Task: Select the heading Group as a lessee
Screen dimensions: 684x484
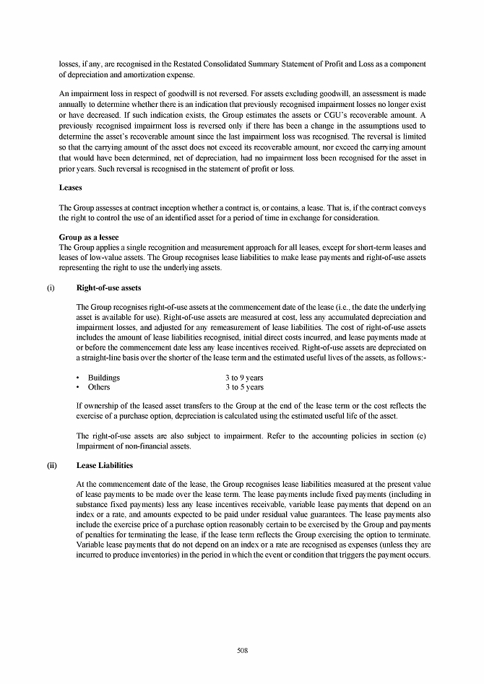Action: pos(88,237)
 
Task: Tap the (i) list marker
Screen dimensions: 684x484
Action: pos(51,288)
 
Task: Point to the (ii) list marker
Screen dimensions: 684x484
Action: pos(51,466)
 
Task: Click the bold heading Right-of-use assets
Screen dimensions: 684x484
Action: pos(108,288)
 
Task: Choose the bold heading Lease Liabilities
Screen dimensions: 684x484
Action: pos(104,466)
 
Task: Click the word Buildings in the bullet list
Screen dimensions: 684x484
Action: pos(104,378)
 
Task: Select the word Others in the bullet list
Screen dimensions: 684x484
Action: pos(99,387)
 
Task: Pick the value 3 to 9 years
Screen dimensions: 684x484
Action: pos(244,378)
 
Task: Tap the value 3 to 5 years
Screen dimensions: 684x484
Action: pos(244,387)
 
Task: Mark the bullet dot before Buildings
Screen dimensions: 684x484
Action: pos(78,378)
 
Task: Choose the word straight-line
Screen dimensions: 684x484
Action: pos(102,358)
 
